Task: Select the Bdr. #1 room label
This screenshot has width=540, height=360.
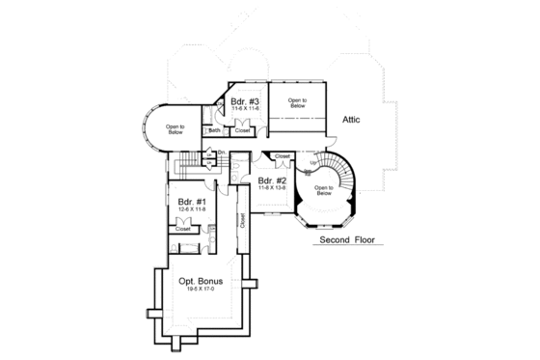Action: click(191, 203)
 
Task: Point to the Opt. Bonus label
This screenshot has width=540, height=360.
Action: click(201, 281)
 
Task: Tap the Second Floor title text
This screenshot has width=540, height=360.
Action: click(347, 239)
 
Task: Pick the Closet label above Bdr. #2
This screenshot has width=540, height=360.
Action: click(282, 155)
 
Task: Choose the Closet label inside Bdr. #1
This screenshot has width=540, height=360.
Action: click(181, 228)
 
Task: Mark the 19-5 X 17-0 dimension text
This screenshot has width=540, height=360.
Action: click(201, 290)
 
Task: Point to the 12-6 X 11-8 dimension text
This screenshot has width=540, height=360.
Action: click(191, 211)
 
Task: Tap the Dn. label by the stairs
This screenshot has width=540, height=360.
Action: click(221, 152)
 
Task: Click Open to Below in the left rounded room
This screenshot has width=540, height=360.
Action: click(175, 129)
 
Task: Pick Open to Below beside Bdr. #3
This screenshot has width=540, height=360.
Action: click(299, 101)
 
